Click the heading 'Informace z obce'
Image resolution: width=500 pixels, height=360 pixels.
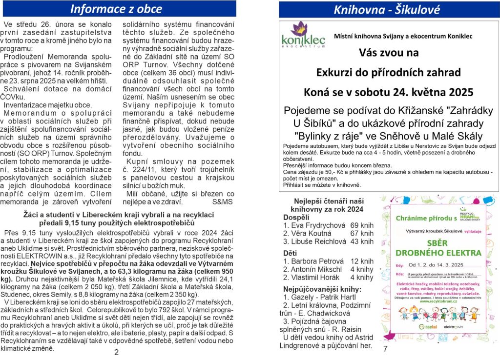tap(117, 9)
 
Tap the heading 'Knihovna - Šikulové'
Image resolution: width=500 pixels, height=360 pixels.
tap(386, 9)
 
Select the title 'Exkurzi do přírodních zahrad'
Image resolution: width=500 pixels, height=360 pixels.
tap(388, 73)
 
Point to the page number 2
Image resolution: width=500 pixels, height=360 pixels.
tap(116, 353)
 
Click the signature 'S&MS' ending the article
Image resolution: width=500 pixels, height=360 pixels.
tap(223, 201)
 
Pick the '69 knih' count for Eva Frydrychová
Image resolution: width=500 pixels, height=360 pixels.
tap(362, 225)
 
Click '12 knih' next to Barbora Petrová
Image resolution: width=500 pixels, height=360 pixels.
tap(362, 261)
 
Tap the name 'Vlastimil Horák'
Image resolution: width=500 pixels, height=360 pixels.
tap(314, 278)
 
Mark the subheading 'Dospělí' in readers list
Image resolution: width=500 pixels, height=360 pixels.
tap(296, 217)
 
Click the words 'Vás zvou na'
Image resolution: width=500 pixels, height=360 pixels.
tap(388, 52)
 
